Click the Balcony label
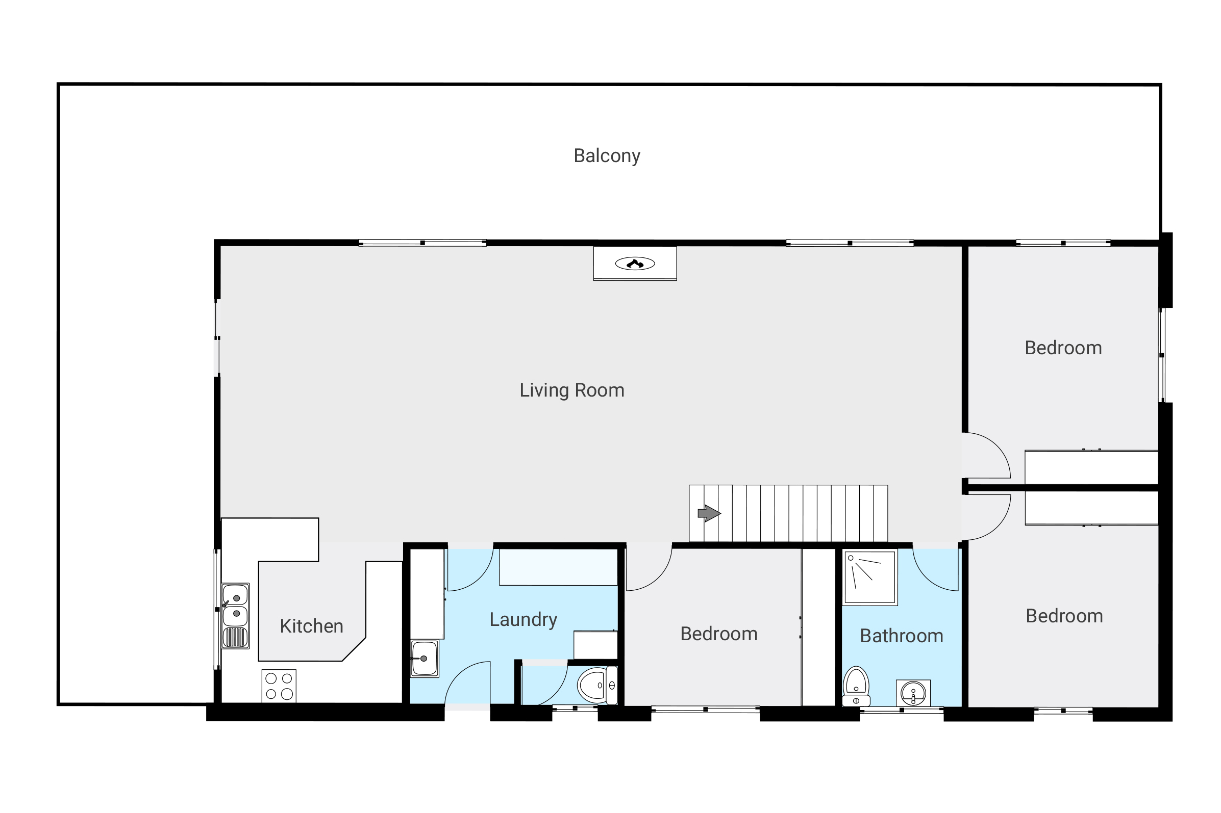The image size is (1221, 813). point(606,155)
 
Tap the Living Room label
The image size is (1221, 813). point(571,390)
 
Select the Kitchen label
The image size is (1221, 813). point(311,626)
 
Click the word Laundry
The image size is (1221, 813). point(522,619)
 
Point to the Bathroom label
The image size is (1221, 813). point(901,636)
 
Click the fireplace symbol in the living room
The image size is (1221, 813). point(634,264)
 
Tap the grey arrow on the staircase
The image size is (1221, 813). point(708,513)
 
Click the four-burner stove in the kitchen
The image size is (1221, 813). point(278,686)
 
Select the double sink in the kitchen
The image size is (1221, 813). point(235,606)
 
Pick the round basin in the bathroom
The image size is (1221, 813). point(912,692)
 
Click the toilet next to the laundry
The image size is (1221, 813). point(596,685)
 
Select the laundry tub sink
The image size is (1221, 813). point(424,659)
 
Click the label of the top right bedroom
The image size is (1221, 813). point(1063,348)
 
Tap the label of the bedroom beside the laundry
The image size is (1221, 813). point(718,634)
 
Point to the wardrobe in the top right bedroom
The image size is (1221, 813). point(1091,466)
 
